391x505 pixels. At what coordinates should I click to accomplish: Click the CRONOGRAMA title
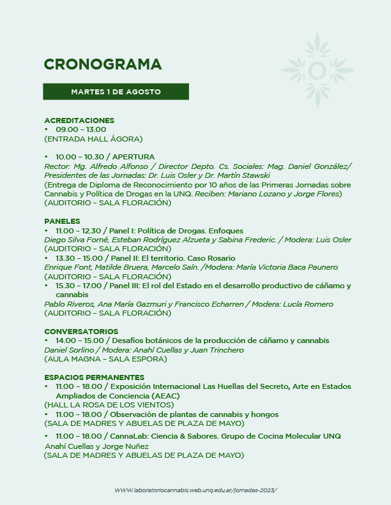click(x=103, y=64)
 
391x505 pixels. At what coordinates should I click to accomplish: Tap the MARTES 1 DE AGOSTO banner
click(x=116, y=92)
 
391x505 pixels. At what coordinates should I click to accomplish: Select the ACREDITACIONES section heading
click(x=79, y=121)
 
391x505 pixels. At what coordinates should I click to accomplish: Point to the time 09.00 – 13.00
click(x=80, y=129)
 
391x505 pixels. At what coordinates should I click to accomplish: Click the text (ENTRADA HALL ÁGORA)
click(x=93, y=138)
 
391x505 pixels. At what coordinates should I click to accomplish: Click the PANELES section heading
click(x=62, y=221)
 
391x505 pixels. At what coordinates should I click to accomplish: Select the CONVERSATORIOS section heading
click(x=81, y=332)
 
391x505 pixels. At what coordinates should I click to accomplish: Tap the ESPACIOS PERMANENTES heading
click(x=94, y=377)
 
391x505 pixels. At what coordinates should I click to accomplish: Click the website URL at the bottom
click(x=196, y=490)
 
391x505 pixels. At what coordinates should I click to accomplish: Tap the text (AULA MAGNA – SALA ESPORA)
click(x=105, y=359)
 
